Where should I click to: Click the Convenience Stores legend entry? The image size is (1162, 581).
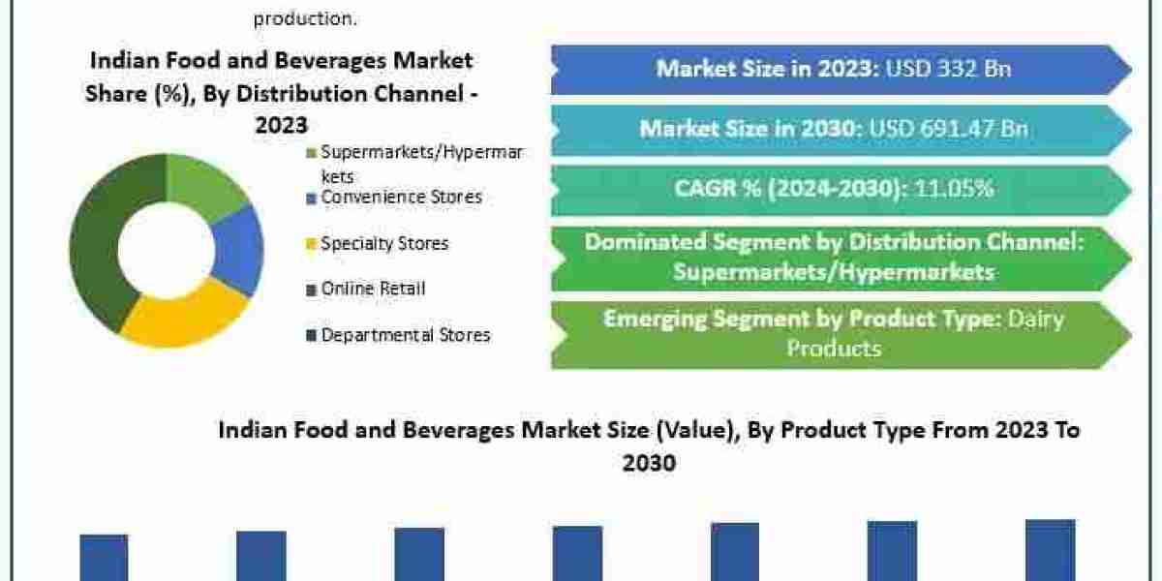click(x=401, y=197)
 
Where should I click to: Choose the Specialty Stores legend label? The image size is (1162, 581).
click(x=384, y=243)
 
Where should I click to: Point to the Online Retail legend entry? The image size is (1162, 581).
click(x=373, y=289)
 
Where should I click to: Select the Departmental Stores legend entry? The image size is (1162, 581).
click(x=406, y=335)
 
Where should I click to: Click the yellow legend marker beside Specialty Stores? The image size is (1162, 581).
click(x=311, y=244)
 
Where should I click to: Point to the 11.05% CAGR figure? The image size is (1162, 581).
click(x=954, y=188)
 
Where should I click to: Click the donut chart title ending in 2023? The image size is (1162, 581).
click(x=281, y=92)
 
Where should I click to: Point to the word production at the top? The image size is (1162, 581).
click(x=300, y=17)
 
